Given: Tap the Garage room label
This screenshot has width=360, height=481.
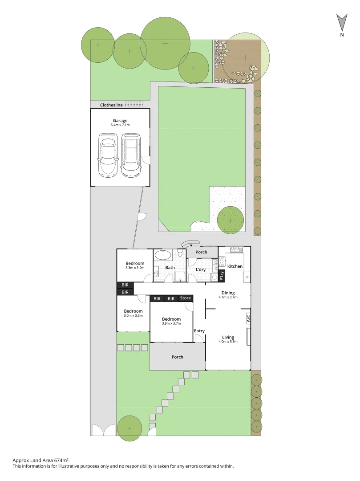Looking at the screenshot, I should tap(120, 120).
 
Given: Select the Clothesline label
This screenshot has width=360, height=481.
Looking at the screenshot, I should tap(111, 105).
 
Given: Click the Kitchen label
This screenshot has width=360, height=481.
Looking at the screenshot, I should tap(235, 266).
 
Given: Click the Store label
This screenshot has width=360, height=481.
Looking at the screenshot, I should tap(185, 298).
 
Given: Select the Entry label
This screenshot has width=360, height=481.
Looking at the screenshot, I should tap(199, 330).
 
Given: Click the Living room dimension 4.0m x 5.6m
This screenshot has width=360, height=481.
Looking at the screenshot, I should tap(228, 342).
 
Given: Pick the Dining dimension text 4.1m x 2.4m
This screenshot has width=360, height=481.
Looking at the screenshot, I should tap(228, 297).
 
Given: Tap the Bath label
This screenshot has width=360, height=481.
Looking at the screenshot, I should tap(170, 268).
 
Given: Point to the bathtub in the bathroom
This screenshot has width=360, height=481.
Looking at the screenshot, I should tap(163, 255).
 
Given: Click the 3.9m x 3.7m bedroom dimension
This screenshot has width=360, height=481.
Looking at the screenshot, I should tap(171, 324).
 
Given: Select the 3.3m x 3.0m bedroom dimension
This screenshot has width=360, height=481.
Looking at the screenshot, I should tap(134, 268).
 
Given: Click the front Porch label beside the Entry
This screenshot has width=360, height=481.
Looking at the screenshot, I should tap(177, 357).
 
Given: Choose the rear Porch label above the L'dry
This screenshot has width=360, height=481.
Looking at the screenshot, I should tap(201, 252).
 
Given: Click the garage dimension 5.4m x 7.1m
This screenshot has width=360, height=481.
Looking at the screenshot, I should tap(120, 125).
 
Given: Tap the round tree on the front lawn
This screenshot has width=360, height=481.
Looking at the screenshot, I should tap(129, 428).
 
